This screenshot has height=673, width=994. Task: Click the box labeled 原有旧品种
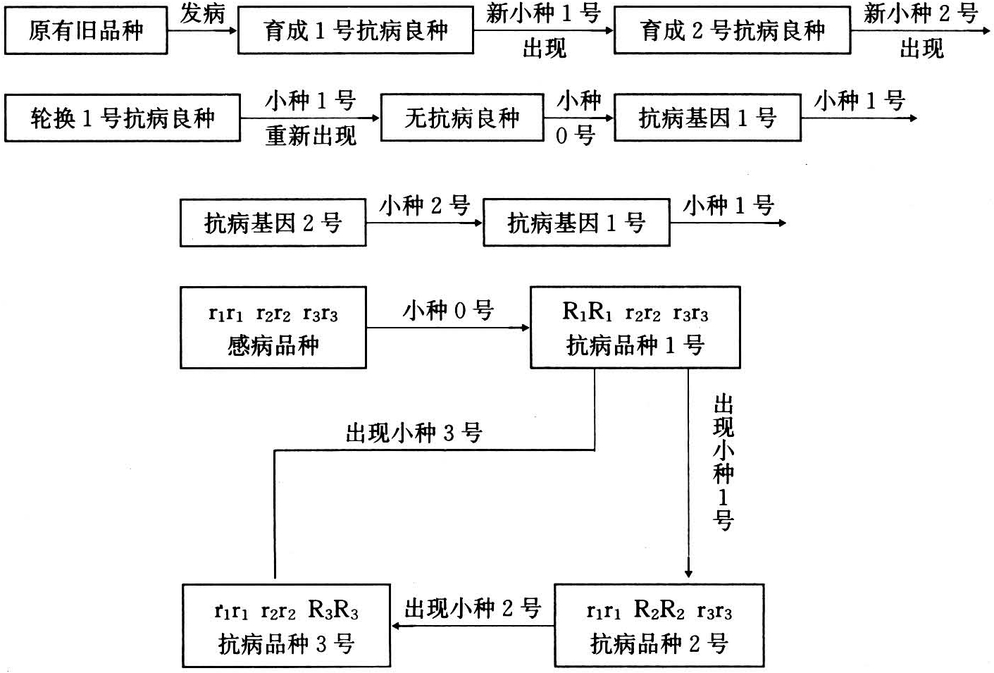(x=86, y=31)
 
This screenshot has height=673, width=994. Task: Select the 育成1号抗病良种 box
(x=355, y=31)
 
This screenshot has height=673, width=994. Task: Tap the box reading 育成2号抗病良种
(x=732, y=31)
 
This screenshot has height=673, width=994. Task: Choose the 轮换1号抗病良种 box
(x=122, y=118)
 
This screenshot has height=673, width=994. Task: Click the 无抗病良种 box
(x=461, y=118)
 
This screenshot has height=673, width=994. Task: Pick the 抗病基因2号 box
(x=273, y=223)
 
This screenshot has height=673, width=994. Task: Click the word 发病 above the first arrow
(x=202, y=13)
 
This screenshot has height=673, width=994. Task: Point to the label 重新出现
(x=311, y=135)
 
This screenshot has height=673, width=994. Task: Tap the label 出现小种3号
(x=414, y=433)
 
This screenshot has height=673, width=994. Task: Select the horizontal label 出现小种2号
(x=473, y=607)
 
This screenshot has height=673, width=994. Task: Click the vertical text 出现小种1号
(x=723, y=462)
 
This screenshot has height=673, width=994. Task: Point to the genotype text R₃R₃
(x=333, y=610)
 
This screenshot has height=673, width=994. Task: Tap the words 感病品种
(x=273, y=345)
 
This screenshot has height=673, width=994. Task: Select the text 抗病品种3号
(x=286, y=643)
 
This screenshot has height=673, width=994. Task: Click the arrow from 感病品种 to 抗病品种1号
(x=447, y=328)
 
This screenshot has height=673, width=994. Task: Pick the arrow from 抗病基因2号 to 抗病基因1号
(x=424, y=223)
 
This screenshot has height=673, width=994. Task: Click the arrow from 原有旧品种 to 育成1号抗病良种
(x=202, y=31)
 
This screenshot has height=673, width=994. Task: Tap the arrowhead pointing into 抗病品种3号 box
(x=397, y=626)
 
